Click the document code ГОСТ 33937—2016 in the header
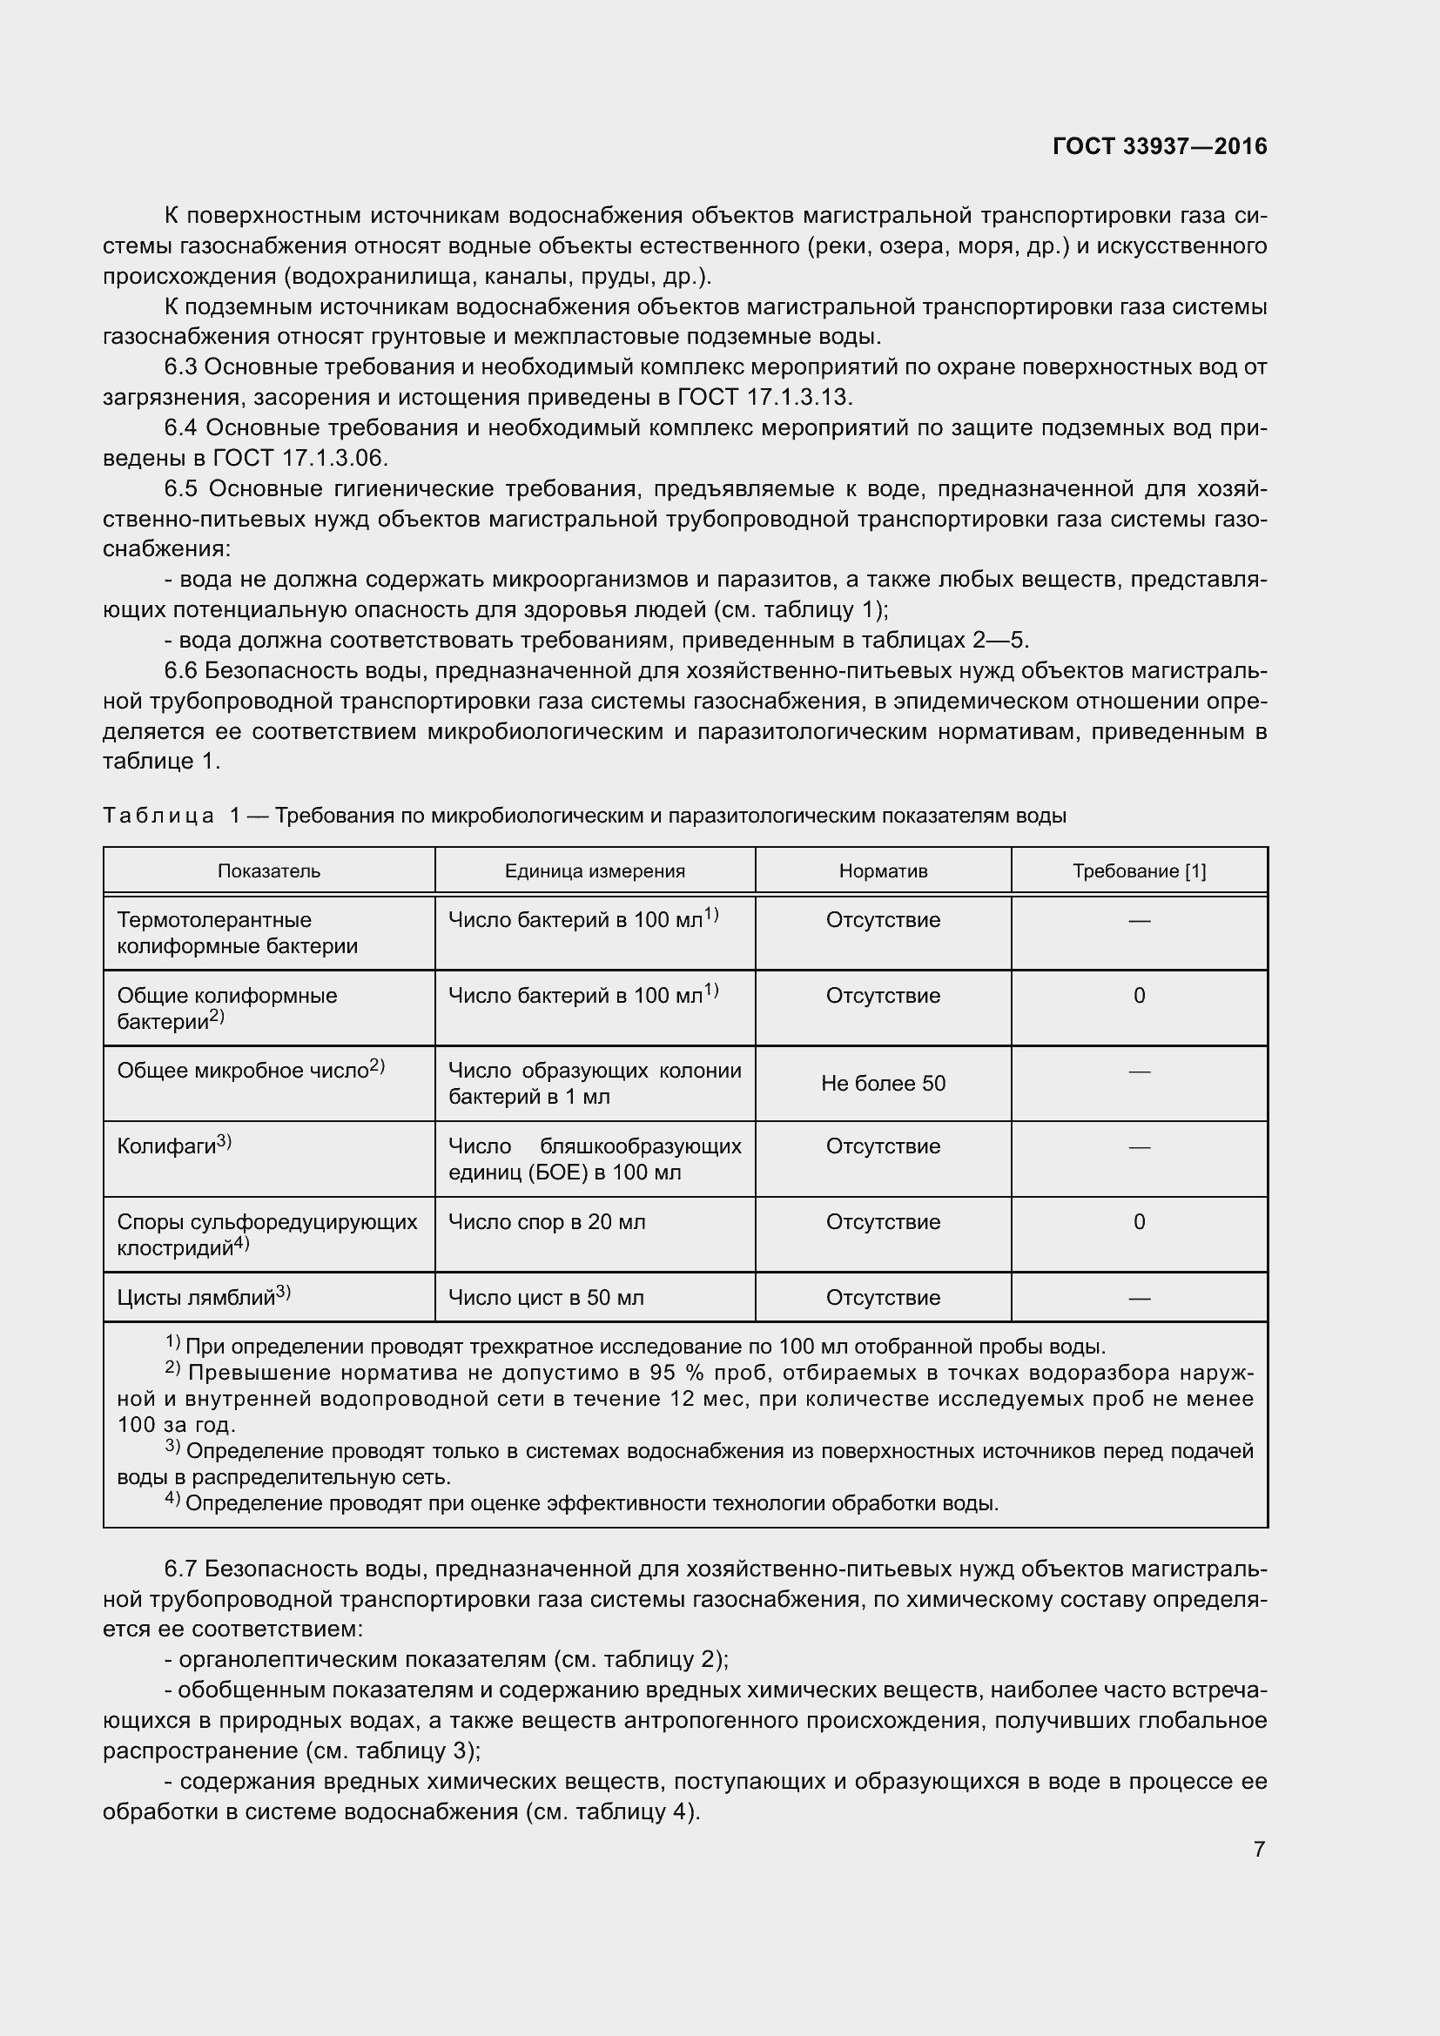[x=1159, y=146]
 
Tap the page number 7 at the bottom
[x=1259, y=1849]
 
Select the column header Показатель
[x=269, y=870]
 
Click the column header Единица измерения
[x=594, y=870]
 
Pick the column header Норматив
[x=882, y=870]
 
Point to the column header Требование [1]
[x=1139, y=870]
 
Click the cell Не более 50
[x=882, y=1083]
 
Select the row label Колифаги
[x=166, y=1146]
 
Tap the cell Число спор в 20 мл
[x=546, y=1221]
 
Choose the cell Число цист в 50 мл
[x=545, y=1297]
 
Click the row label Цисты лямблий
[x=196, y=1297]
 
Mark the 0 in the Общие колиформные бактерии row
[x=1139, y=995]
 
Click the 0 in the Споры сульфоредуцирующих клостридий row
[x=1139, y=1221]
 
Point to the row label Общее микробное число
[x=242, y=1071]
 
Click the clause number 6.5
[x=182, y=488]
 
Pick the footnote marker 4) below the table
[x=173, y=1500]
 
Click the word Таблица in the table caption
[x=158, y=815]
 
